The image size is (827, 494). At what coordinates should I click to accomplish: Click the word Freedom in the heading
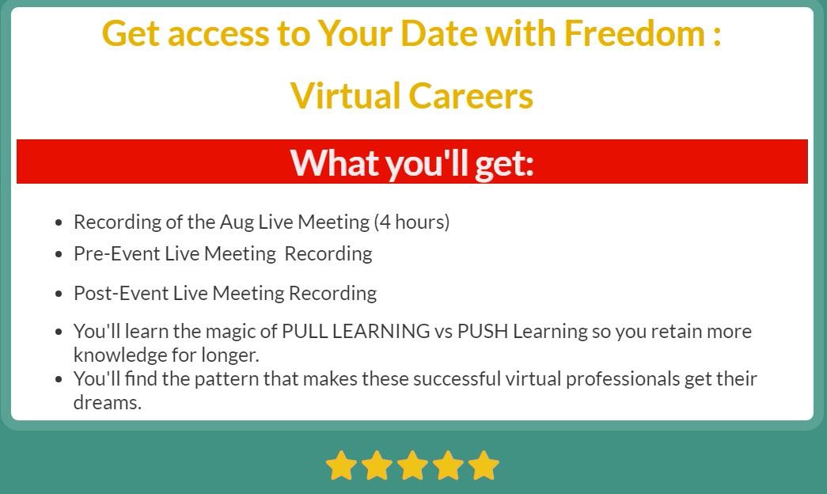click(x=634, y=33)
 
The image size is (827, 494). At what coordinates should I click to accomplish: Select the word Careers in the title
click(x=470, y=96)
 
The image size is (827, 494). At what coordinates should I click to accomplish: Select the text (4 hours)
click(x=412, y=222)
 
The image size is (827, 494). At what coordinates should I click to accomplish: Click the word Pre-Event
click(x=116, y=254)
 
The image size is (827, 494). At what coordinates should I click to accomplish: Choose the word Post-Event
click(x=121, y=293)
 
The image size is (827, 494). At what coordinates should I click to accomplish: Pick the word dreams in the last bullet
click(x=108, y=403)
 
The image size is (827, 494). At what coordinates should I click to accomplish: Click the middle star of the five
click(x=412, y=465)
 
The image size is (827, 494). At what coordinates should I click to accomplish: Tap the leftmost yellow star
click(x=341, y=465)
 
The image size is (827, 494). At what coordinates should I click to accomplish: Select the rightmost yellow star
click(x=484, y=465)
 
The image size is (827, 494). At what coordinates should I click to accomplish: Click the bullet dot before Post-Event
click(x=59, y=294)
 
